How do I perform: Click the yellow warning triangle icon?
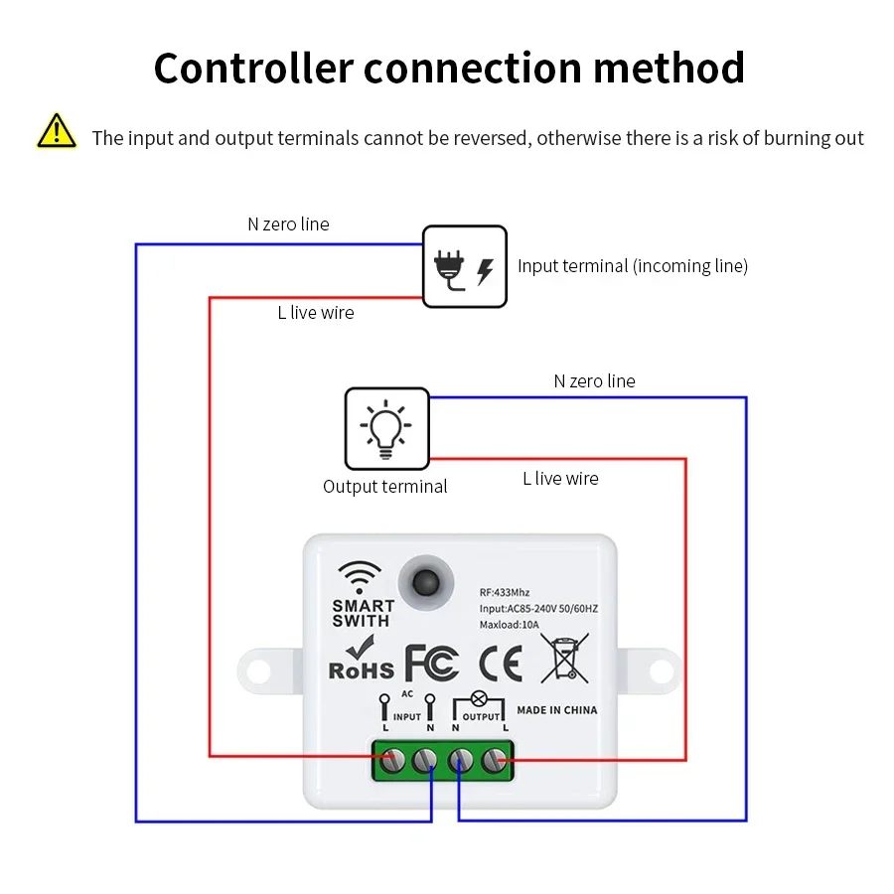[57, 132]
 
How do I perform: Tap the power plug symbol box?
[465, 266]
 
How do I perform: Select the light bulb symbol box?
[386, 428]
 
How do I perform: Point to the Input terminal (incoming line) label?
[632, 266]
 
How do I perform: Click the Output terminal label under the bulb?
[384, 487]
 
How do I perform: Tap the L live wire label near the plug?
[315, 313]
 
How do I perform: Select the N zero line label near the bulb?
[594, 381]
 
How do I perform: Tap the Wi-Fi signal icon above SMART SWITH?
[359, 577]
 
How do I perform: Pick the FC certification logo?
[432, 664]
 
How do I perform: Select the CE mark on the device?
[501, 664]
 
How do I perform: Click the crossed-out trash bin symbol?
[564, 659]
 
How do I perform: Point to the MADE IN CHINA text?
[557, 710]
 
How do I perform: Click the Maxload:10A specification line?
[509, 624]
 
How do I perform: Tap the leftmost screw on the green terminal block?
[394, 761]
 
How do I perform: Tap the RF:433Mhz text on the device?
[504, 592]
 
